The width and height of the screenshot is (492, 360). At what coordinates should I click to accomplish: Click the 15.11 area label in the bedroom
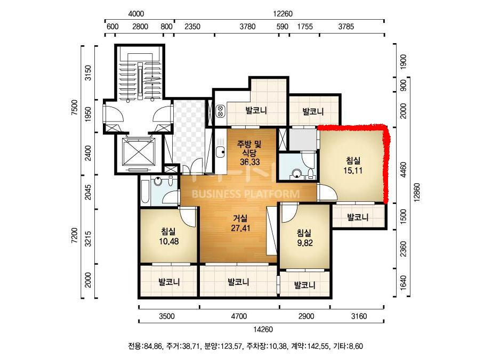tap(353, 170)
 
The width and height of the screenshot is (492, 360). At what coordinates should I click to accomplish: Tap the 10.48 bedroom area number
tap(169, 241)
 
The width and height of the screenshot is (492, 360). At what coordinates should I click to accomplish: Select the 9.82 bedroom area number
tap(305, 243)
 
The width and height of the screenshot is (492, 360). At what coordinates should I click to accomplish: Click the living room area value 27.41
tap(240, 228)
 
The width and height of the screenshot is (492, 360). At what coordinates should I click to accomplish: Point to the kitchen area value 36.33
tap(250, 162)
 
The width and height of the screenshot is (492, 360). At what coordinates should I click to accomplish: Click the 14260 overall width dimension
tap(263, 329)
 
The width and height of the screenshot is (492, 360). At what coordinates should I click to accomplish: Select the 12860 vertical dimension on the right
tap(417, 193)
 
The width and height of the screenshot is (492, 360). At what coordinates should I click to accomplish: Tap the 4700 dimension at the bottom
tap(239, 316)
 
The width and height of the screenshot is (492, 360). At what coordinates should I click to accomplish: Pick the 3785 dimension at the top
tap(346, 27)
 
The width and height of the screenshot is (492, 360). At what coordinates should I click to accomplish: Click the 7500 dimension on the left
tap(75, 108)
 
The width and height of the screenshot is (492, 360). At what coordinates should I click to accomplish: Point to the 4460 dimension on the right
tap(404, 170)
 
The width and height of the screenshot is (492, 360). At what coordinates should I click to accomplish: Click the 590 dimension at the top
tap(283, 27)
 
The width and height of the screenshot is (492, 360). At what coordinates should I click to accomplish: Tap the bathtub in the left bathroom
tap(145, 192)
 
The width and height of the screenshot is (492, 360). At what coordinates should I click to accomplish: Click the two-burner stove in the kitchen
tap(220, 111)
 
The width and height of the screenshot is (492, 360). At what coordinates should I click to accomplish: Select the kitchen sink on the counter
tap(220, 152)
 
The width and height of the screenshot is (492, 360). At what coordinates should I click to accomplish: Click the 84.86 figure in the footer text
tap(154, 346)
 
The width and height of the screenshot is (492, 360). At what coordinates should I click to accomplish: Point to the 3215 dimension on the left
tap(88, 239)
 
